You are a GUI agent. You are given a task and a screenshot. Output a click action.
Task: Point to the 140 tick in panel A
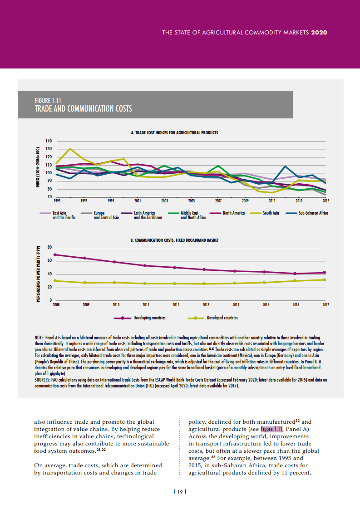(x=48, y=141)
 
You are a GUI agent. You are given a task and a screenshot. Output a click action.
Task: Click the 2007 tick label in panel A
(x=218, y=200)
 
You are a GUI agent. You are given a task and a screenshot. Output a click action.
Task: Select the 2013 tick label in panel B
(x=206, y=305)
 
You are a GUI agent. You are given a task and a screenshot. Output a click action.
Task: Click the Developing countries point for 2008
(x=55, y=255)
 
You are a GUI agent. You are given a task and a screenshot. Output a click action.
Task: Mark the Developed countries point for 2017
(x=324, y=279)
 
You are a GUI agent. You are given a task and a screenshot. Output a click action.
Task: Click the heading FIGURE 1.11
(x=48, y=100)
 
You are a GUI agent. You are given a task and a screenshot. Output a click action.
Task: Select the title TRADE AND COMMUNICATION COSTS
(x=83, y=108)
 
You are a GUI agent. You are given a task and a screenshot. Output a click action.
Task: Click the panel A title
(x=175, y=133)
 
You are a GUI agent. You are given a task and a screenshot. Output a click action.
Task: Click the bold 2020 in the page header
(x=319, y=33)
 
